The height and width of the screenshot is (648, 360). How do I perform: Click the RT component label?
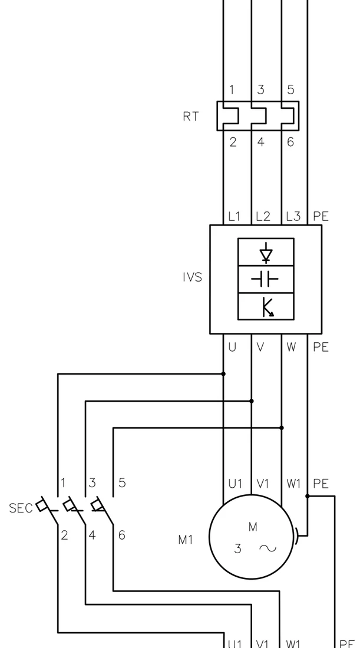point(190,117)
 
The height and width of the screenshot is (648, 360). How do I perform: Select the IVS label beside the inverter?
point(192,277)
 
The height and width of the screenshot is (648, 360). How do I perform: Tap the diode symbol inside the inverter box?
point(266,253)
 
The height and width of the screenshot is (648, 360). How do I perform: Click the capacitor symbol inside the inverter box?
point(265,280)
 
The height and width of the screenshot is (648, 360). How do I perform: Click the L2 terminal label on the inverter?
point(263,216)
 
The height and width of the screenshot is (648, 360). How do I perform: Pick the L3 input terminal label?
point(293,216)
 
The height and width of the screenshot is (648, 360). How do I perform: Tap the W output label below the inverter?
point(291,348)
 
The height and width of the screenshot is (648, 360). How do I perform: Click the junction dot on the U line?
point(224,374)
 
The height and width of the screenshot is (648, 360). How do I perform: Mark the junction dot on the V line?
point(252,401)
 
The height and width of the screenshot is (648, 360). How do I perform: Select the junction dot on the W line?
point(282,428)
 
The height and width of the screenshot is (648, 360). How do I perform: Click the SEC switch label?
point(21,508)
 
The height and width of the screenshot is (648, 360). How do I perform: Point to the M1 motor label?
point(186,540)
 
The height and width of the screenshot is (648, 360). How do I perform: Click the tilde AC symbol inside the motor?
point(268,548)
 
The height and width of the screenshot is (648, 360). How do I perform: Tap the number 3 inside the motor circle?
point(237,549)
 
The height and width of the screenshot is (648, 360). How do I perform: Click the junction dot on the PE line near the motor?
point(308,496)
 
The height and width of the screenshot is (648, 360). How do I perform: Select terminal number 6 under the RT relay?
point(290,142)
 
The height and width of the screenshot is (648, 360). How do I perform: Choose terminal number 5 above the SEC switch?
point(122,482)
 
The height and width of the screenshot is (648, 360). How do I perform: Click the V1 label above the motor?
point(263,484)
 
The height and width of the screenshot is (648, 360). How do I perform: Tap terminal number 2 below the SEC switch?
point(64,535)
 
